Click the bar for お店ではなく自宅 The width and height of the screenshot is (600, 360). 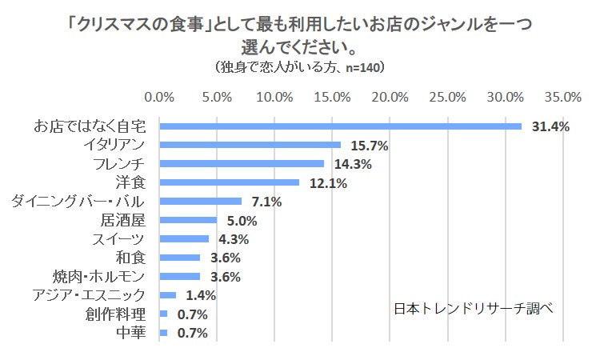[341, 126]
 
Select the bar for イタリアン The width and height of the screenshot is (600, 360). [250, 145]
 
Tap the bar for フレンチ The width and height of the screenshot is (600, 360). [242, 164]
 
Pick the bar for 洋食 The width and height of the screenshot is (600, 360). [230, 182]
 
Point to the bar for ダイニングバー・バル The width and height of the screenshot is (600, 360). [201, 202]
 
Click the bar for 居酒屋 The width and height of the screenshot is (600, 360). [189, 220]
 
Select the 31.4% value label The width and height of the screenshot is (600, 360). [550, 127]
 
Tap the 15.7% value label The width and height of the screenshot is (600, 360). [369, 146]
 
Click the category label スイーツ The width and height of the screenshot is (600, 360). [119, 239]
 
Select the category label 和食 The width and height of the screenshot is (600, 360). [131, 258]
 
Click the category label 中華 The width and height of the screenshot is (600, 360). [131, 333]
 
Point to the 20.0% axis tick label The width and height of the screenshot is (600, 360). [390, 98]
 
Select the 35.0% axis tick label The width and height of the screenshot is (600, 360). [563, 98]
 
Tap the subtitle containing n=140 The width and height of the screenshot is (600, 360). [300, 67]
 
